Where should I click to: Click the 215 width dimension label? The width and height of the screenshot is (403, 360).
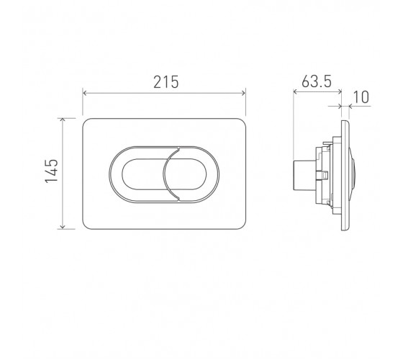[x=166, y=82]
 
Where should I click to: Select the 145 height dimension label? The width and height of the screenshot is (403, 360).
[x=52, y=171]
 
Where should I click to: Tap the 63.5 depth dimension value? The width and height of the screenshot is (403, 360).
[x=317, y=81]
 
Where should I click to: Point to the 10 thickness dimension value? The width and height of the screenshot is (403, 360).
[x=361, y=97]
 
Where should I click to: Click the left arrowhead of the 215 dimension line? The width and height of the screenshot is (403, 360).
[x=84, y=93]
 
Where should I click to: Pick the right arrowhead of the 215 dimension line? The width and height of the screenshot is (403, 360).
[x=244, y=93]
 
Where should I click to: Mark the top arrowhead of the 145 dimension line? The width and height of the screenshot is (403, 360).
[x=63, y=120]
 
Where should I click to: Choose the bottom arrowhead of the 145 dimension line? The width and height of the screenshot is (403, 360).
[x=63, y=227]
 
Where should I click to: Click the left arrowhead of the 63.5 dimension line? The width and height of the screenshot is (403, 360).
[x=295, y=91]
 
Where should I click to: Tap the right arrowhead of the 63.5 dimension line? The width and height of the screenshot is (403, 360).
[x=340, y=91]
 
